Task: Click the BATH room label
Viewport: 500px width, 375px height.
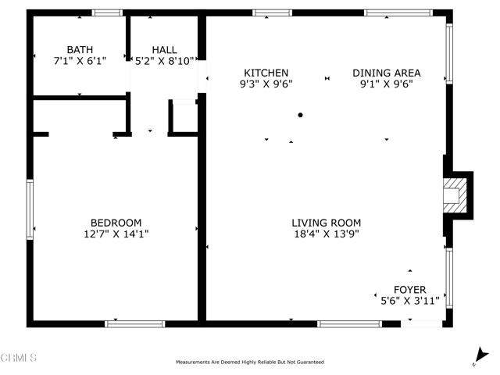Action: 80,49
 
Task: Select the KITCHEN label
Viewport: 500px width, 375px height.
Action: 266,73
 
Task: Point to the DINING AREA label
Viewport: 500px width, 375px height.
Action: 385,73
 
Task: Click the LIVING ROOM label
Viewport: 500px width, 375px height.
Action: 327,223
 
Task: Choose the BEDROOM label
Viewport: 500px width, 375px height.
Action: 116,222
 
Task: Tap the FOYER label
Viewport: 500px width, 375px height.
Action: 409,290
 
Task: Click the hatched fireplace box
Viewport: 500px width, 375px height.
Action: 453,195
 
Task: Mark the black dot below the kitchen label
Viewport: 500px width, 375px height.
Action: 300,115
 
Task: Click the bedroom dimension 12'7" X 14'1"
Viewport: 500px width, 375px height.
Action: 116,233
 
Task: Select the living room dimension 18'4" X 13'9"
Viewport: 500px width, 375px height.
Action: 327,234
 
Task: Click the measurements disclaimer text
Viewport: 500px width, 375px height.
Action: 250,362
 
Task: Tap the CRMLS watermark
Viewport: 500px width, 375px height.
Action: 20,359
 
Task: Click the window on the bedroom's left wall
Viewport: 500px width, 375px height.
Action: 30,208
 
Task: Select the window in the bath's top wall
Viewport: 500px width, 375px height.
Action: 107,12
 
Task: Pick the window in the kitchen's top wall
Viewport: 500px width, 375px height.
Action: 272,12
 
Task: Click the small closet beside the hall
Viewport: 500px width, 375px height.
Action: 184,118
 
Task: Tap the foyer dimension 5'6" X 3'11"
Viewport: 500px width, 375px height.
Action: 409,301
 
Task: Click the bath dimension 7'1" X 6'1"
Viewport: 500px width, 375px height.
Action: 80,60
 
